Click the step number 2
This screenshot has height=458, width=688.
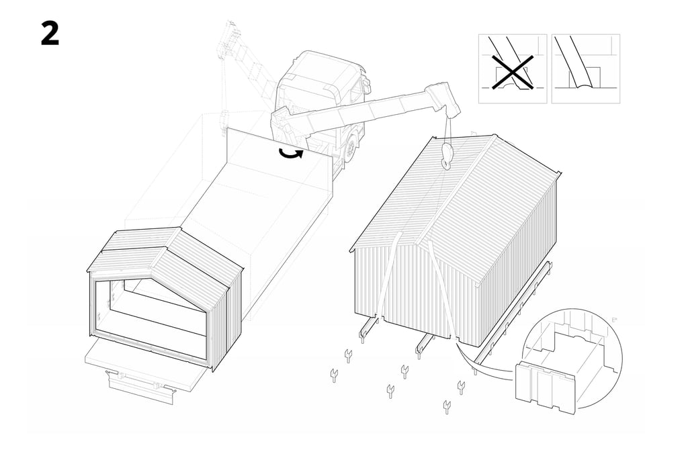(50, 34)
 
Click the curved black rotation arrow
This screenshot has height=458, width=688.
(291, 152)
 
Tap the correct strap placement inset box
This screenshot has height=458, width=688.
(586, 69)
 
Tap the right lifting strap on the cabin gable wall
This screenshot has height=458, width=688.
(442, 289)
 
